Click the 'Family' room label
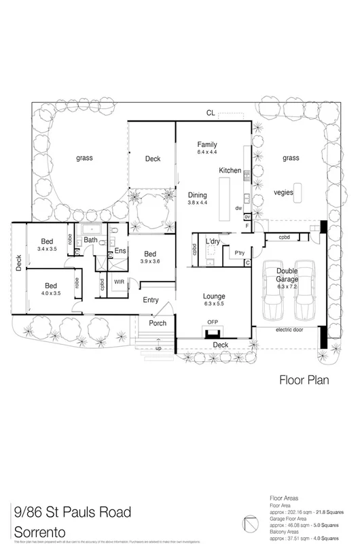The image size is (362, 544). pyautogui.click(x=206, y=145)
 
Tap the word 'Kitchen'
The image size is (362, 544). pyautogui.click(x=230, y=171)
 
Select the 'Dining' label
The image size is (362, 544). pyautogui.click(x=198, y=195)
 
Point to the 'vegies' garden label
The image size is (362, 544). pyautogui.click(x=291, y=193)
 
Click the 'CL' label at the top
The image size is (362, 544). pyautogui.click(x=212, y=113)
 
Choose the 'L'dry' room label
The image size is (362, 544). pyautogui.click(x=213, y=241)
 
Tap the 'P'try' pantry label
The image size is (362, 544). pyautogui.click(x=239, y=253)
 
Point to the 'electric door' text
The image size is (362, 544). pyautogui.click(x=290, y=331)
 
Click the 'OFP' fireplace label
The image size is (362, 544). pyautogui.click(x=212, y=322)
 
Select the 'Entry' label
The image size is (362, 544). pyautogui.click(x=151, y=300)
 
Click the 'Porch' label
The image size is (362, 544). pyautogui.click(x=158, y=323)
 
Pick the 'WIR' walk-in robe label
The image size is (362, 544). pyautogui.click(x=119, y=282)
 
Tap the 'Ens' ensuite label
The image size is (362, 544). pyautogui.click(x=120, y=251)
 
